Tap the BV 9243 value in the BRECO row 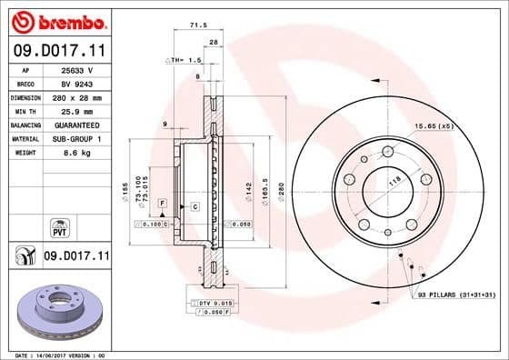pyautogui.click(x=75, y=83)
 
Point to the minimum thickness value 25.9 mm pyautogui.click(x=75, y=110)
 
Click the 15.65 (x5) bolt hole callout pyautogui.click(x=434, y=125)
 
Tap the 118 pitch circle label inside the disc pyautogui.click(x=395, y=183)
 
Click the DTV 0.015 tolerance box pyautogui.click(x=214, y=301)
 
